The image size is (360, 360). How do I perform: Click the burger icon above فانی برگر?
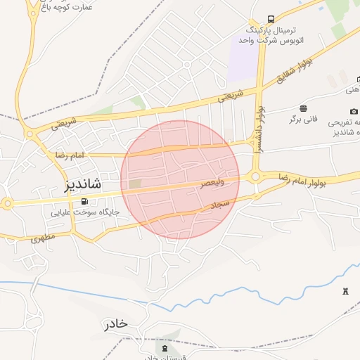[x=303, y=108]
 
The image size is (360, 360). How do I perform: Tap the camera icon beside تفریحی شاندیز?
[x=353, y=111]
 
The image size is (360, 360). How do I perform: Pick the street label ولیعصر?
[x=212, y=183]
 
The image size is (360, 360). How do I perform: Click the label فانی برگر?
[x=303, y=119]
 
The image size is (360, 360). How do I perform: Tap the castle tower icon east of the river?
[x=345, y=291]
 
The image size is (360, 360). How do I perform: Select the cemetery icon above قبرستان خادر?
[x=165, y=349]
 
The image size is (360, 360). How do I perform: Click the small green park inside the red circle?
[x=134, y=184]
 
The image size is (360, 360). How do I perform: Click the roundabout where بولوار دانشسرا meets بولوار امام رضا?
[x=255, y=176]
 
